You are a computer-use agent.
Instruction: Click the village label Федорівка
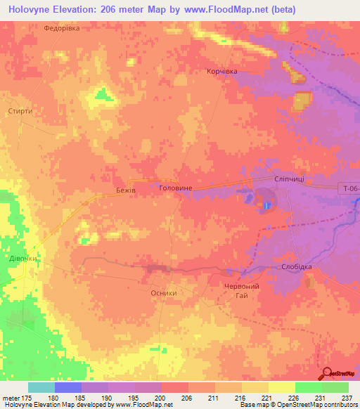[62, 28]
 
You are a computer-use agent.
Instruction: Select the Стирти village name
[20, 111]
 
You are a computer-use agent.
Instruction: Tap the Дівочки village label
[22, 259]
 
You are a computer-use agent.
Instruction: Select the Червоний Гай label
[242, 291]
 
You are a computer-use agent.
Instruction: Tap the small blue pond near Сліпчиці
[268, 205]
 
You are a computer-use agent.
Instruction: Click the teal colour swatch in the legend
[41, 387]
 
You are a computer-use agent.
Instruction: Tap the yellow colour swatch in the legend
[282, 387]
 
